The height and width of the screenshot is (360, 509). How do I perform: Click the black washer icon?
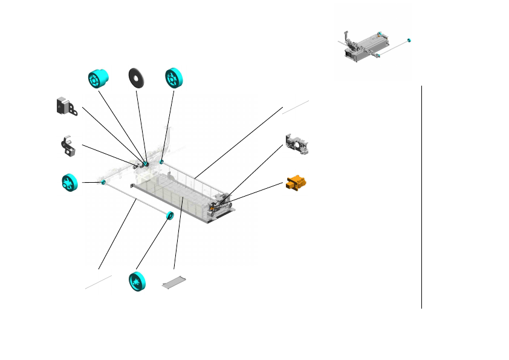tap(136, 78)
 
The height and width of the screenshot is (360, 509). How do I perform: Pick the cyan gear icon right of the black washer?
tap(174, 78)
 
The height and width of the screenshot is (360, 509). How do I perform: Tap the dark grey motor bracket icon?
tap(65, 106)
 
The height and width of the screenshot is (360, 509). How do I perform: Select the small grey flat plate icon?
tap(175, 281)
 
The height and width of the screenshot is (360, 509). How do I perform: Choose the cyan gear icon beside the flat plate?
tap(138, 282)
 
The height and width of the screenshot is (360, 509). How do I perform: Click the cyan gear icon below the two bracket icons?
tap(71, 182)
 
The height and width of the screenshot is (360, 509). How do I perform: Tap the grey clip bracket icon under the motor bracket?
tap(68, 146)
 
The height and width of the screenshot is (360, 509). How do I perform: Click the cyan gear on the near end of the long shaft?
tap(169, 216)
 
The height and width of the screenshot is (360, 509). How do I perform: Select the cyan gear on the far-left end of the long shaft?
tap(103, 182)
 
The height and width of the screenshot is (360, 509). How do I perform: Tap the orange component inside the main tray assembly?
tap(213, 208)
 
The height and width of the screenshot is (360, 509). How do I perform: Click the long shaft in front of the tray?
tap(136, 199)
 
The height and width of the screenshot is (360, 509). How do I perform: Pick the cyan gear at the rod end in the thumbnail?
tap(409, 41)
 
